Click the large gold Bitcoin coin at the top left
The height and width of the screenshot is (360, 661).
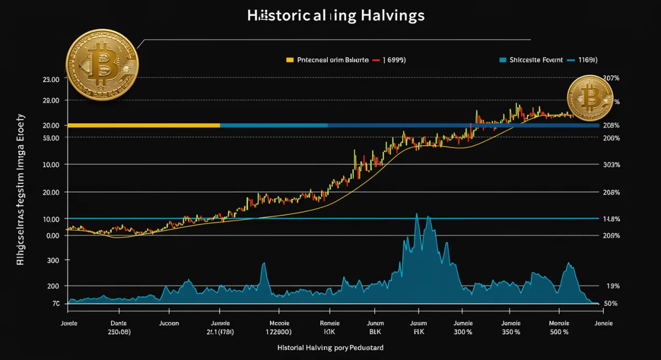(102, 65)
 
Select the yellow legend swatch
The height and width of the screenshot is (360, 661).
(290, 60)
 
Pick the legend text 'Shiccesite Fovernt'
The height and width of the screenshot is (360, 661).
(537, 60)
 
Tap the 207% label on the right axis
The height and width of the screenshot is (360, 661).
(611, 79)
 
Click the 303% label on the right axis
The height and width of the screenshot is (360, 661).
(611, 165)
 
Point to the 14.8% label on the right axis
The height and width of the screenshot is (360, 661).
(611, 219)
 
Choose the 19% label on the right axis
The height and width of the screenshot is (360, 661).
(613, 286)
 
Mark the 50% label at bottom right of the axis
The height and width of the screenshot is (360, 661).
(611, 304)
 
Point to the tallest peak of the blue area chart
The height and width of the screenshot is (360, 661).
(416, 215)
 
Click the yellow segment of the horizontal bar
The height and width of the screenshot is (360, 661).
(143, 126)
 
